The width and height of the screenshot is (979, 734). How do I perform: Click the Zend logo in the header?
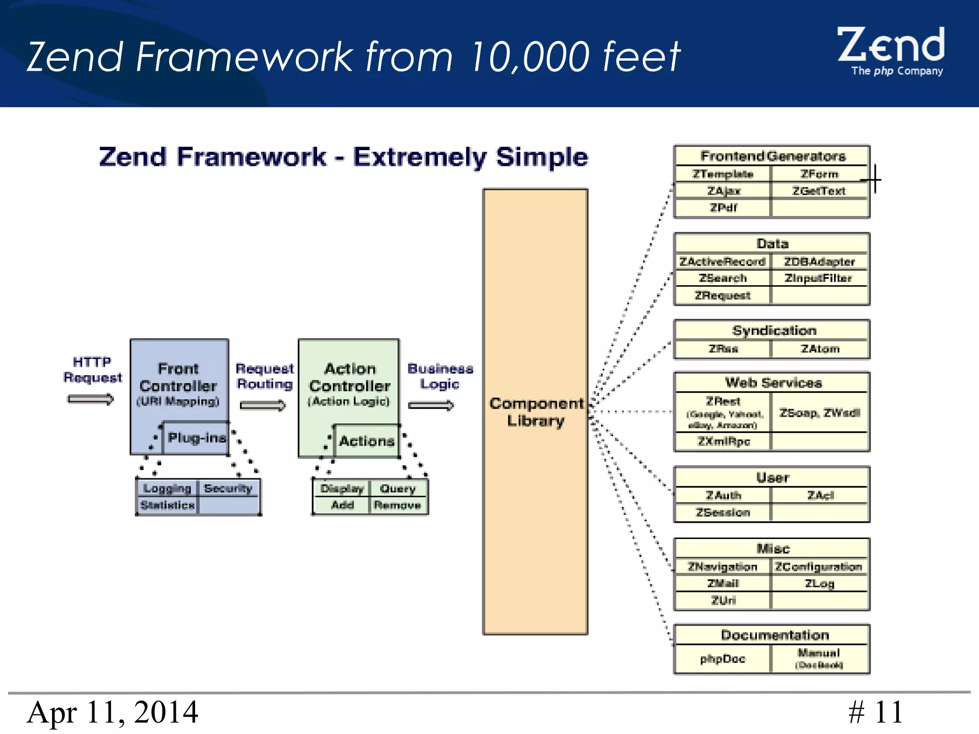click(x=891, y=51)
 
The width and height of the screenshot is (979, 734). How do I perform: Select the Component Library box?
click(x=535, y=411)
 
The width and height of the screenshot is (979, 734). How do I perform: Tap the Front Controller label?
click(x=178, y=377)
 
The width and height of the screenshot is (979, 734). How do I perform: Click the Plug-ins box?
click(x=196, y=438)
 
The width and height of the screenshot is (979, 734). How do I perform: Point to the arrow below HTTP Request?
click(x=91, y=399)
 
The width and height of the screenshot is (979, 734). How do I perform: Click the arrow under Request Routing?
click(x=262, y=406)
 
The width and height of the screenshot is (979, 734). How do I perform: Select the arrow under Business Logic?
click(x=431, y=406)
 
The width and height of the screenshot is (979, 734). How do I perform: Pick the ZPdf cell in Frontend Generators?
click(x=723, y=208)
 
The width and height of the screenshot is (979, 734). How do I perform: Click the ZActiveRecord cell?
click(x=722, y=262)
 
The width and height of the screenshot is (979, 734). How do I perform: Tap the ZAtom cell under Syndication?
click(x=820, y=349)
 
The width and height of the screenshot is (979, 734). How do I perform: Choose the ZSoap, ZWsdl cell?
click(x=820, y=413)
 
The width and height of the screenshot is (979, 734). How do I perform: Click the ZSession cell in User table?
click(x=723, y=513)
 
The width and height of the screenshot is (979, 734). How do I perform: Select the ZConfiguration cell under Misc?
click(x=819, y=567)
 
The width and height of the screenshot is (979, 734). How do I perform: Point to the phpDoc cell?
click(x=723, y=659)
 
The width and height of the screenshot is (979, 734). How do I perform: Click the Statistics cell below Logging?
click(x=168, y=505)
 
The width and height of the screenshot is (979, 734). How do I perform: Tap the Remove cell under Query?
click(x=397, y=505)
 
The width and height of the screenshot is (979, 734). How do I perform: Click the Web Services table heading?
click(x=773, y=383)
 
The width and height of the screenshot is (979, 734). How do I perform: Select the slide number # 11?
click(x=876, y=712)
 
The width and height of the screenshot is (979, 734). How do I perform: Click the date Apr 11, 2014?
click(x=113, y=712)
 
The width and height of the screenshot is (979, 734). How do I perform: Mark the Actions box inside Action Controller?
click(x=367, y=441)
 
